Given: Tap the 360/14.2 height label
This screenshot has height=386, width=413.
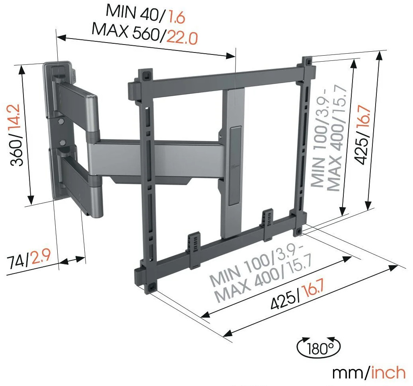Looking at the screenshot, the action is tap(16, 135).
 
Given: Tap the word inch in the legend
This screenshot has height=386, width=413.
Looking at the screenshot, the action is tap(388, 372).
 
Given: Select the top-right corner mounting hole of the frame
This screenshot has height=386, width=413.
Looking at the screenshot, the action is tap(308, 62).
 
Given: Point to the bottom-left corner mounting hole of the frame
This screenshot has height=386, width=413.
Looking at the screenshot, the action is tap(152, 287).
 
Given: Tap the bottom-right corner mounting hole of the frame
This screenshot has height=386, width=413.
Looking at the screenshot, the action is tap(298, 231).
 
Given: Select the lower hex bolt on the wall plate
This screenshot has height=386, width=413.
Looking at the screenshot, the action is tap(62, 142).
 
